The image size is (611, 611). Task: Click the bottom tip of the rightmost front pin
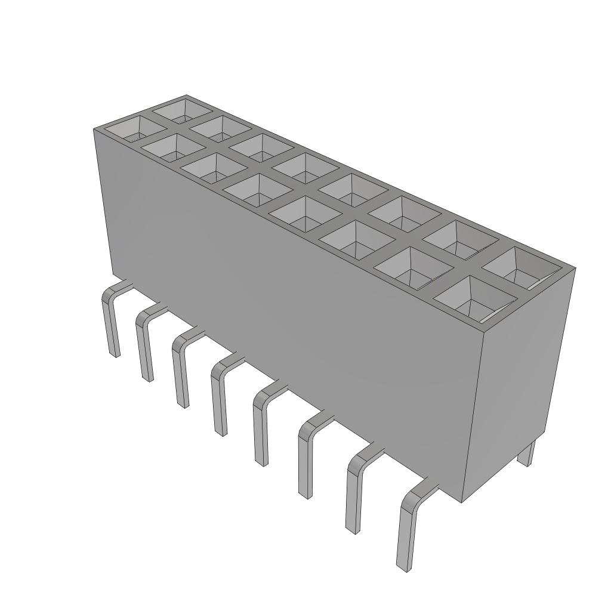[x=404, y=566]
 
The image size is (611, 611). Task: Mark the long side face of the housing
[x=286, y=298]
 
